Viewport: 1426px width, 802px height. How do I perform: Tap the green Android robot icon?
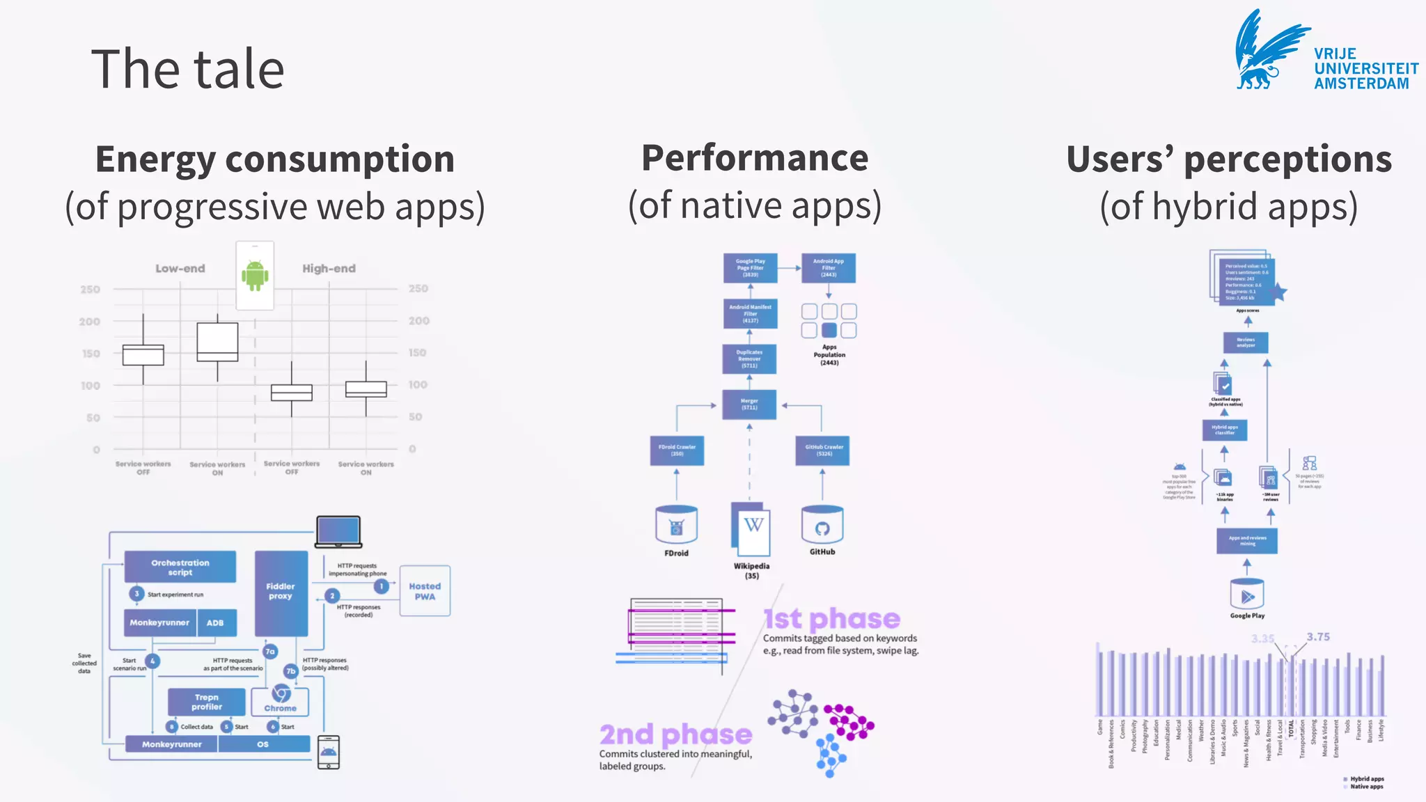(x=255, y=275)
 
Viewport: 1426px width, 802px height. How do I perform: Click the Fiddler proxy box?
(x=281, y=592)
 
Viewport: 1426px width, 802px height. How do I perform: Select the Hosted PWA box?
(x=425, y=591)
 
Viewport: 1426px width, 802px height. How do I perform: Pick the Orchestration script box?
(x=180, y=567)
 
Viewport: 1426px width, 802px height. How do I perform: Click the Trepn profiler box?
(x=207, y=702)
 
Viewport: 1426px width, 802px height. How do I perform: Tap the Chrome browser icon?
(x=281, y=694)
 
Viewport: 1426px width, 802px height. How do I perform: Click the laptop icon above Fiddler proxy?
(x=338, y=532)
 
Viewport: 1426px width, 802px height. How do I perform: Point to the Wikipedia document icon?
(x=751, y=529)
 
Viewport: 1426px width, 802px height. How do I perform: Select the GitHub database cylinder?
(x=822, y=526)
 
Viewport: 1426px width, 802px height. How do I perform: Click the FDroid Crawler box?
(x=677, y=450)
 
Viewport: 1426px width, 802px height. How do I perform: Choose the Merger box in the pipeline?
(x=749, y=404)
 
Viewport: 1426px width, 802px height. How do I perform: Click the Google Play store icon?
(x=1247, y=595)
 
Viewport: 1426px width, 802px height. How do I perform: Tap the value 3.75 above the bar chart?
(x=1318, y=637)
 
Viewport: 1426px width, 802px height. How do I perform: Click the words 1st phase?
(x=832, y=619)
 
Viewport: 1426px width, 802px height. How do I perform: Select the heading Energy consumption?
(x=275, y=159)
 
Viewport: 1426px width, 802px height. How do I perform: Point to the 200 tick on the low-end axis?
(x=90, y=322)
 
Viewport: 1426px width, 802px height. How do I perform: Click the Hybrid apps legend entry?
(x=1366, y=779)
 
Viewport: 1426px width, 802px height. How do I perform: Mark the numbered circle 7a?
(x=270, y=652)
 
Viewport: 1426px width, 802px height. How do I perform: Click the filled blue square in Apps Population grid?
(x=829, y=330)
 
